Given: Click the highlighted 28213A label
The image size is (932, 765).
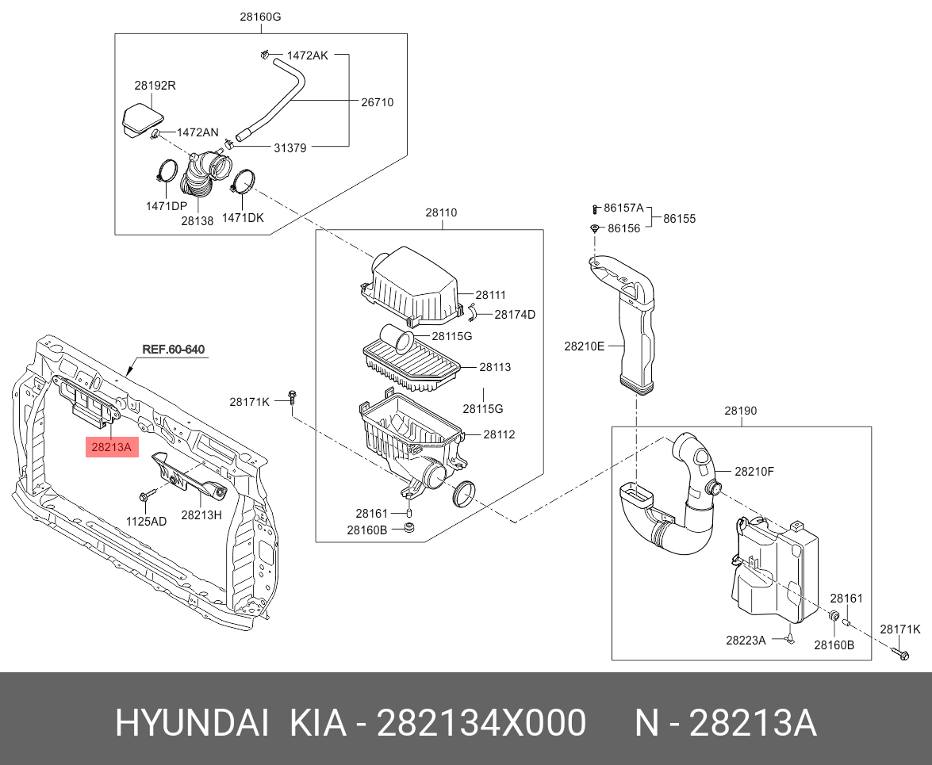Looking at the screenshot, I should [112, 448].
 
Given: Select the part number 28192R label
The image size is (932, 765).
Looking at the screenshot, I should [155, 86].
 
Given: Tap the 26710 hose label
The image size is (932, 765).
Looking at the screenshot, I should [377, 102].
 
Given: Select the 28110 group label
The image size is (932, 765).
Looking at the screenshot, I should [441, 212].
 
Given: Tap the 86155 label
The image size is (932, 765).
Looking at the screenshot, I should [679, 219].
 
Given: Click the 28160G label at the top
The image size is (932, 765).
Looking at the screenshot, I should [261, 17].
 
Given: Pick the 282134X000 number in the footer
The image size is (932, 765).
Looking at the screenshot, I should [481, 723].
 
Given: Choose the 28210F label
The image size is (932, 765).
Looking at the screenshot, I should [754, 472].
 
